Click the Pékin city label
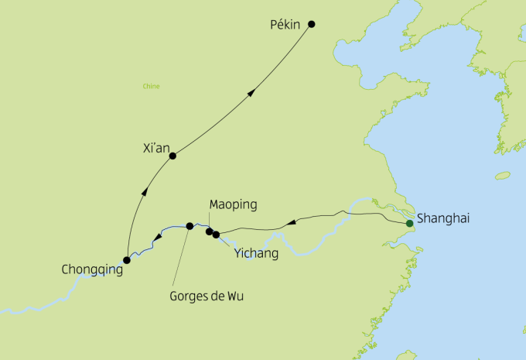[284, 25]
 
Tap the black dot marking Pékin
[312, 24]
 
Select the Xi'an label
[157, 146]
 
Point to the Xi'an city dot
[172, 156]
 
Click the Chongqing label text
[91, 270]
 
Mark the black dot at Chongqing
[127, 260]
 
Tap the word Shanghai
[443, 219]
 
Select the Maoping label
[233, 205]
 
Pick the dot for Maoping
[209, 231]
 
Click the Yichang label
[256, 253]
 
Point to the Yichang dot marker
[216, 234]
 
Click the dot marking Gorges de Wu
[190, 226]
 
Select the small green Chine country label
[151, 86]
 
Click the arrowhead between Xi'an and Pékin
[251, 92]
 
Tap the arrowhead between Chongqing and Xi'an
[144, 192]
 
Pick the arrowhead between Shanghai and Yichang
[291, 223]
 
